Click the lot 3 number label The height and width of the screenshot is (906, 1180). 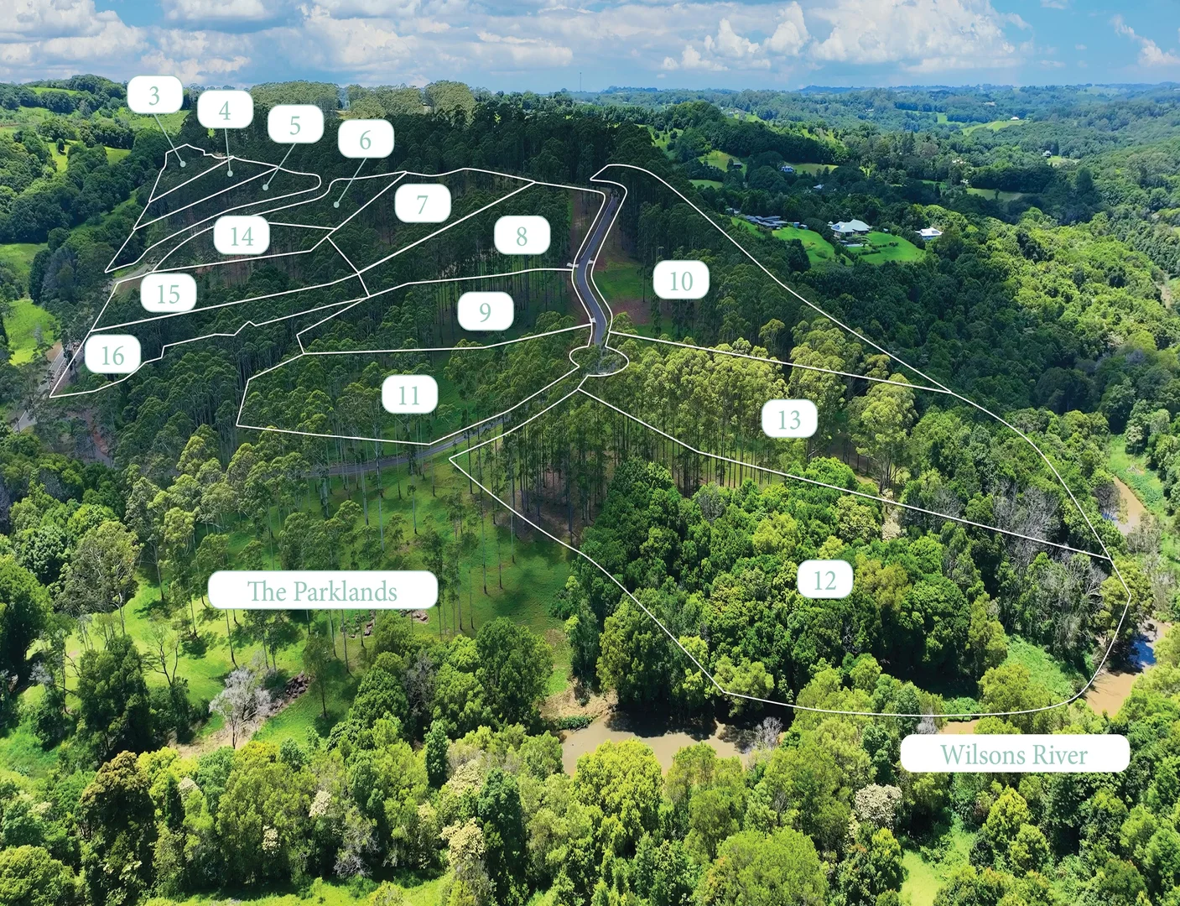pos(155,95)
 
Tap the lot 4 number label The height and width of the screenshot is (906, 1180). pos(225,109)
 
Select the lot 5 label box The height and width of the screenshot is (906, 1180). pos(295,124)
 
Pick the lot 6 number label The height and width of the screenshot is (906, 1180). pos(366,138)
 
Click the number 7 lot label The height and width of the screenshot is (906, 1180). pos(423,203)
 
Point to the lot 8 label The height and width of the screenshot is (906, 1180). pos(522,235)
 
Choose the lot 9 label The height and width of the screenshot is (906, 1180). pos(485,310)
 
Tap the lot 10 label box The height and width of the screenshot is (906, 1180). pos(681,279)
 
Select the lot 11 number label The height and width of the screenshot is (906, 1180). pos(409,393)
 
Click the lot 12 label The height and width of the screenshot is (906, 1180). pos(825,579)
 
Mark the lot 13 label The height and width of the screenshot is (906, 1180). pos(789,419)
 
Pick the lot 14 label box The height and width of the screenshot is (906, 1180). pos(242,235)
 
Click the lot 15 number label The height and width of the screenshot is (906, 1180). pos(169,293)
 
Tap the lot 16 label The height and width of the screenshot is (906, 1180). pos(113,354)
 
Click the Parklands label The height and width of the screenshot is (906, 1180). pos(323,590)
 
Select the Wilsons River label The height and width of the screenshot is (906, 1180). pos(1015,753)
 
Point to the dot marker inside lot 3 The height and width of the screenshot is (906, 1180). pos(184,164)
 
